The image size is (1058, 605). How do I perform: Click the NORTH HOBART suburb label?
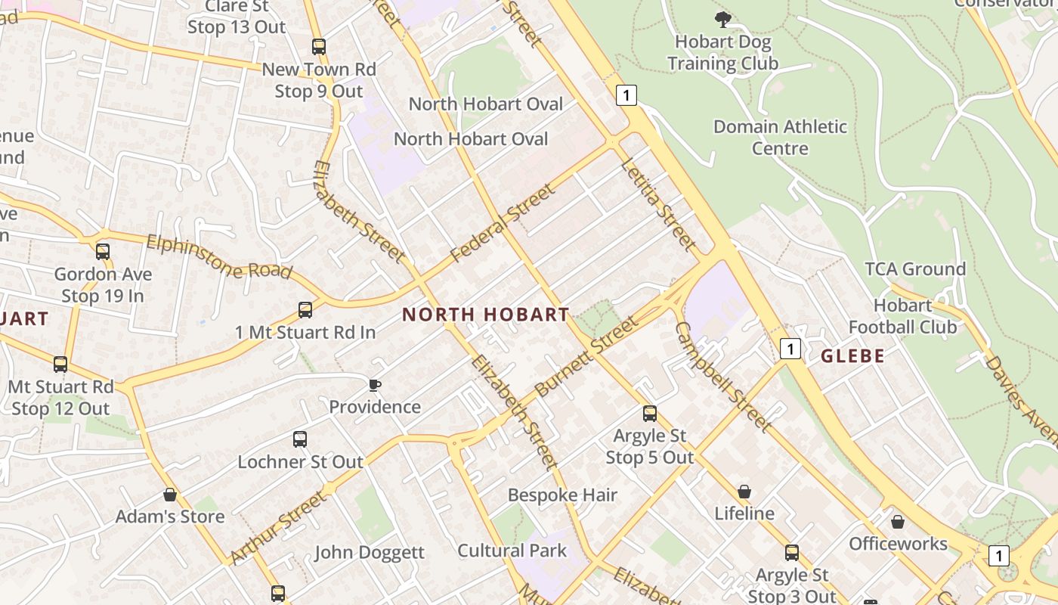485,315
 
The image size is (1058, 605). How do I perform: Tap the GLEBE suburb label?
852,356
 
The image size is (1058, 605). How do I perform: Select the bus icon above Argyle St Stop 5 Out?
650,414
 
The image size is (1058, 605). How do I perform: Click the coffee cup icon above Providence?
374,386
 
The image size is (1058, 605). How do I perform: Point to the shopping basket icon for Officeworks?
898,523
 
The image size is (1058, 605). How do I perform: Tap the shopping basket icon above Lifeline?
744,492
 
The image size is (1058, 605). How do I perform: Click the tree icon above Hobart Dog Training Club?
722,19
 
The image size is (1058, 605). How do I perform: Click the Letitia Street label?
657,204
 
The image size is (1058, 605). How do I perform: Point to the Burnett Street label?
586,358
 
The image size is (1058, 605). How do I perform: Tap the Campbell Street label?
722,377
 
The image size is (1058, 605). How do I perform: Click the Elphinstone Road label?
218,257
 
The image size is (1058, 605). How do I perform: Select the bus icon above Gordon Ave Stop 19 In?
102,252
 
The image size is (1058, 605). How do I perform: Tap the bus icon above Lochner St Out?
300,439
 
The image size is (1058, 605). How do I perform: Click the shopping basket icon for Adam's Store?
170,495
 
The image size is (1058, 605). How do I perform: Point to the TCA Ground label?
915,269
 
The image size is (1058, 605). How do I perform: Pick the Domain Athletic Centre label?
780,137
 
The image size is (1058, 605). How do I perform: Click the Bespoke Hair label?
562,495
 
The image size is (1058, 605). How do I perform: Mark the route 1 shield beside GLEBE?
790,349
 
